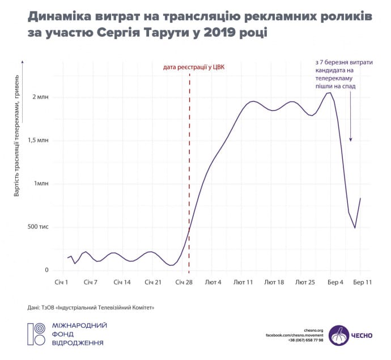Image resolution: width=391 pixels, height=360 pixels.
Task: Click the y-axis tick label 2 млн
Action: (41, 97)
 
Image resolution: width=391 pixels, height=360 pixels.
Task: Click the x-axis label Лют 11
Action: (243, 282)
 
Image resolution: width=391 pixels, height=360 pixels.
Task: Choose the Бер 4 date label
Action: (335, 282)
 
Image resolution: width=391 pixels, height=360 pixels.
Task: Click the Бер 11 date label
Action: (363, 282)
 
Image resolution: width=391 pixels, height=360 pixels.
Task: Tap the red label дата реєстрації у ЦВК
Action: (193, 67)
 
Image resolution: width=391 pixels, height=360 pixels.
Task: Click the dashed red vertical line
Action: (189, 170)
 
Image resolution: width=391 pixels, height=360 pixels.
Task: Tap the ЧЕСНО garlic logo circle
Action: (339, 335)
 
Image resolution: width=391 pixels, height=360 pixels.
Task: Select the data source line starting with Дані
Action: (91, 307)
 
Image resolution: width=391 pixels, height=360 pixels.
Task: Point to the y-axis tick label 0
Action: (48, 270)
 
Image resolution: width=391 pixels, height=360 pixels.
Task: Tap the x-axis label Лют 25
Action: (305, 282)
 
